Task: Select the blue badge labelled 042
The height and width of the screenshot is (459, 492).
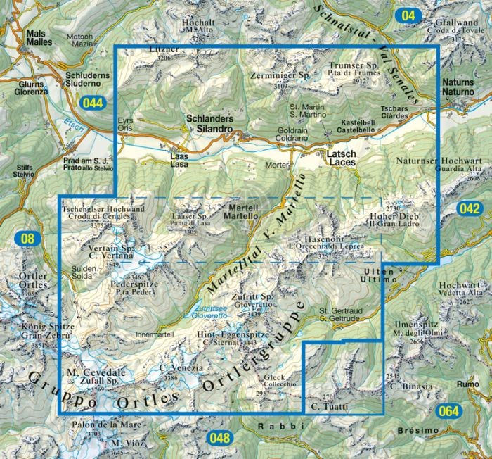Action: point(469,208)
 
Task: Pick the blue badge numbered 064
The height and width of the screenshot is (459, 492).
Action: point(449,411)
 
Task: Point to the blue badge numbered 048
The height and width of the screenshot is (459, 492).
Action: point(219,439)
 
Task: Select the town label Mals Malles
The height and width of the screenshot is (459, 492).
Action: point(39,37)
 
